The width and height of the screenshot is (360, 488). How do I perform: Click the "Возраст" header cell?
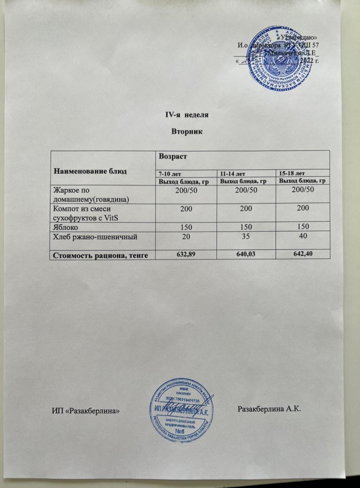coord(172,156)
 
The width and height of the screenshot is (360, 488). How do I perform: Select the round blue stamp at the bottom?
coord(181,410)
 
